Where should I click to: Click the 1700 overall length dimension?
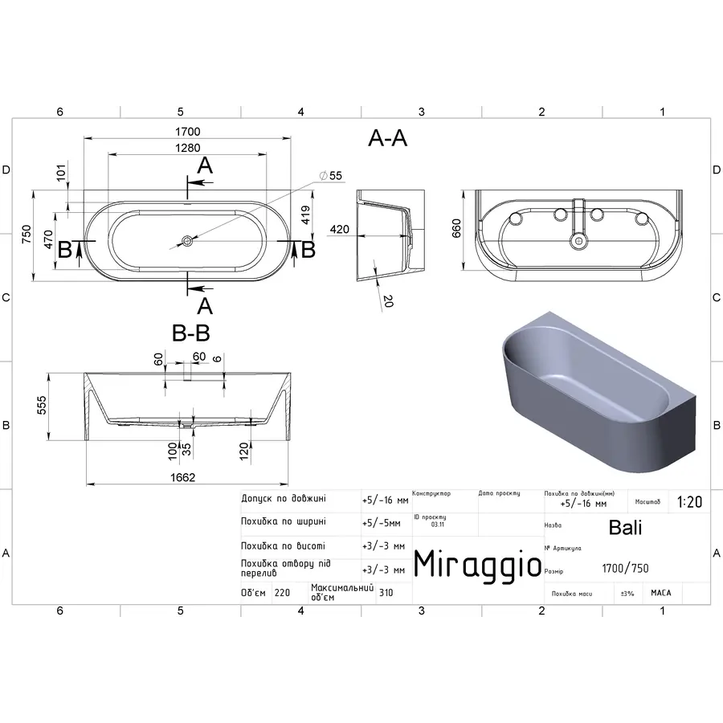click(x=188, y=131)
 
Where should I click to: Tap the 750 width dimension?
click(x=26, y=235)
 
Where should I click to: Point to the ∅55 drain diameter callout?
click(x=330, y=175)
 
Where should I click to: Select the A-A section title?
click(x=387, y=139)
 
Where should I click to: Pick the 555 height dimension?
click(x=42, y=406)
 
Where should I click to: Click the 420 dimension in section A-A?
click(x=339, y=230)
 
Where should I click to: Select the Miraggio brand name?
click(x=477, y=564)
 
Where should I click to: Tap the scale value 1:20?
click(x=689, y=502)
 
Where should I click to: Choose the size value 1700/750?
click(x=625, y=569)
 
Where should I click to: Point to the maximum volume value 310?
click(x=386, y=593)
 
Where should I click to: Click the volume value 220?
click(x=282, y=593)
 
